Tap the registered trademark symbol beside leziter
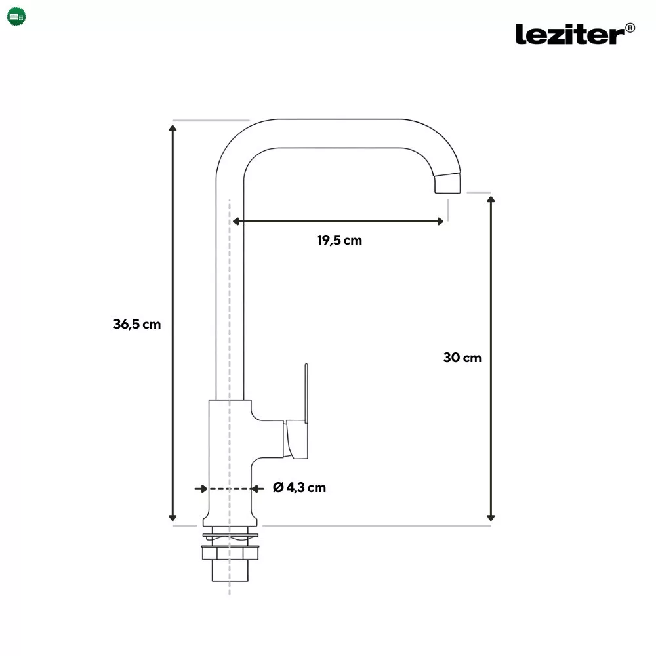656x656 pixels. [630, 28]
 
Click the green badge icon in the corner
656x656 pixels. [16, 17]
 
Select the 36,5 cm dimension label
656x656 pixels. [137, 324]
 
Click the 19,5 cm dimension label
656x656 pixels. [339, 240]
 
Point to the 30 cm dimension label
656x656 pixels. [462, 358]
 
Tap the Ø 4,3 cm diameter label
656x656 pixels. [299, 487]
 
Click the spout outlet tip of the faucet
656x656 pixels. [447, 184]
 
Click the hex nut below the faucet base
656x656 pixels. [230, 553]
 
